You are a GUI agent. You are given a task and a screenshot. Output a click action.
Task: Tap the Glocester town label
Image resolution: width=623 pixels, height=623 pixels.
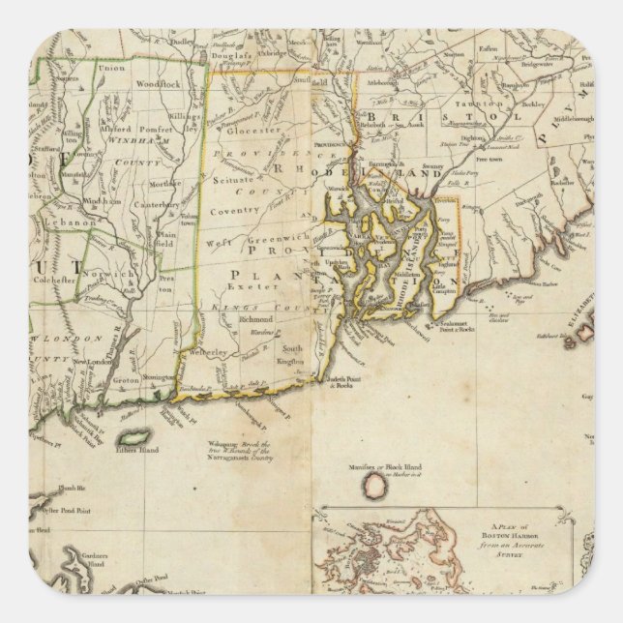(x=253, y=130)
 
